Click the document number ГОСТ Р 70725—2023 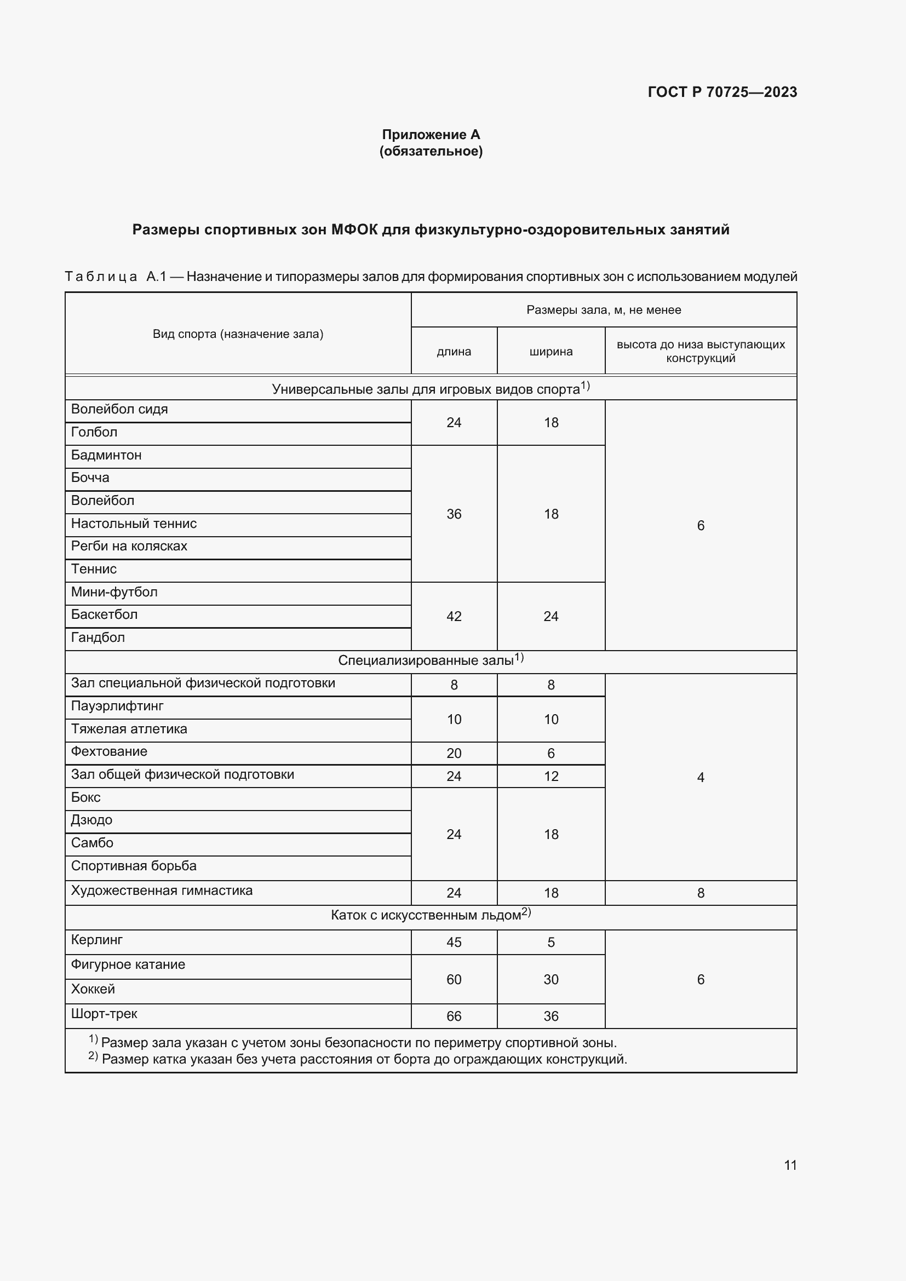point(722,92)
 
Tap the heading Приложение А point(431,135)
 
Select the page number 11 point(790,1165)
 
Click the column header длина point(454,352)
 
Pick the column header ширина point(551,352)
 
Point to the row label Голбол point(94,433)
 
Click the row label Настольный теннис point(134,524)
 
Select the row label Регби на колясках point(129,546)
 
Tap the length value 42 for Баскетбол point(454,617)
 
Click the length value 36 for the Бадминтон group point(454,514)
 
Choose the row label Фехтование point(110,751)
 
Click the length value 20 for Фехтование point(454,753)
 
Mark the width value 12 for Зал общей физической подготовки point(551,776)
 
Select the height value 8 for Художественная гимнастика point(701,893)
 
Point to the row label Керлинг point(97,940)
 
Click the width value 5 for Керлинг point(551,943)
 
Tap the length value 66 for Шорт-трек point(454,1016)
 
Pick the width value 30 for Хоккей point(551,979)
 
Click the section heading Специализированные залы point(426,660)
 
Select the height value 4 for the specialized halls point(701,777)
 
